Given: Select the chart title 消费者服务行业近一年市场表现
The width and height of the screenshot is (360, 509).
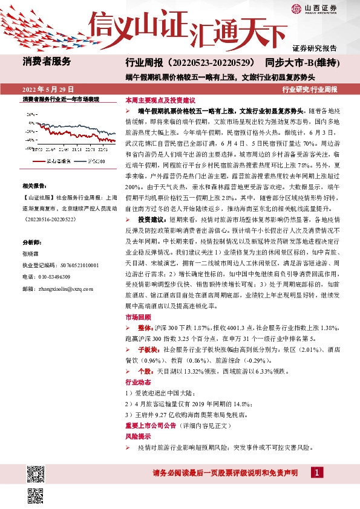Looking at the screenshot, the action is pyautogui.click(x=61, y=99).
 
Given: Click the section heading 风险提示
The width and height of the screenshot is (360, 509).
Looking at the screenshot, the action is pyautogui.click(x=136, y=435).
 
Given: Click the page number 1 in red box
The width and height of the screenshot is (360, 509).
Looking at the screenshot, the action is pyautogui.click(x=318, y=472).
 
